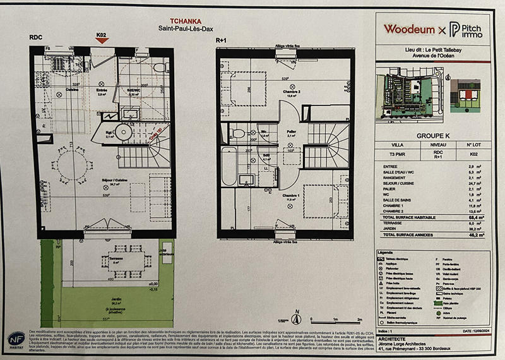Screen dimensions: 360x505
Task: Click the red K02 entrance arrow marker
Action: pos(102,40)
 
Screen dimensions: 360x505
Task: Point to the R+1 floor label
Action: pos(221,39)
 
